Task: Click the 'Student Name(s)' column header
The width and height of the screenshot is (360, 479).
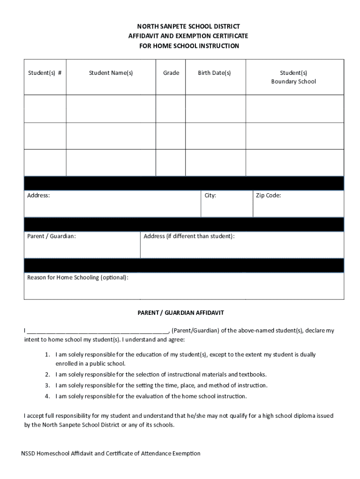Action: coord(111,73)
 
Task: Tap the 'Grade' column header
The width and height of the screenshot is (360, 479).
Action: coord(171,73)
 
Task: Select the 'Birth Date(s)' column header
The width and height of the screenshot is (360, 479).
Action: coord(214,73)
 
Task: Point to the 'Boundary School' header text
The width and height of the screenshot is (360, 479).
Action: coord(294,81)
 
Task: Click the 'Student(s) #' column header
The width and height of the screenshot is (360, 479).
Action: coord(45,73)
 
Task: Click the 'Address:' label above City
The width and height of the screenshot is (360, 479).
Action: coord(39,196)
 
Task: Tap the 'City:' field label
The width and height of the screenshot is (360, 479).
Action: coord(210,196)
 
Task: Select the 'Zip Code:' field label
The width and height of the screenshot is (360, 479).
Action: coord(268,196)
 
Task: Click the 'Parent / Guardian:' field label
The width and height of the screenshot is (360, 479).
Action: coord(51,236)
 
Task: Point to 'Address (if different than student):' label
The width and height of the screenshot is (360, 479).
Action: coord(189,236)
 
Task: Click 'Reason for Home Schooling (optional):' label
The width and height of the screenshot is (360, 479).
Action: coord(78,277)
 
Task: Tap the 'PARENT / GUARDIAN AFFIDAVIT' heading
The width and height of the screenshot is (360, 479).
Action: coord(184,312)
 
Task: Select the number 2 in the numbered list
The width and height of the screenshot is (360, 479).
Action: coord(47,375)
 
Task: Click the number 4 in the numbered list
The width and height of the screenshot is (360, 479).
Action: coord(47,396)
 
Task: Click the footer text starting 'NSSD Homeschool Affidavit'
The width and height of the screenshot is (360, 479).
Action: coord(111,453)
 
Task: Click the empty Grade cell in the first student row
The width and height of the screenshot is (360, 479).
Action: coord(171,109)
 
